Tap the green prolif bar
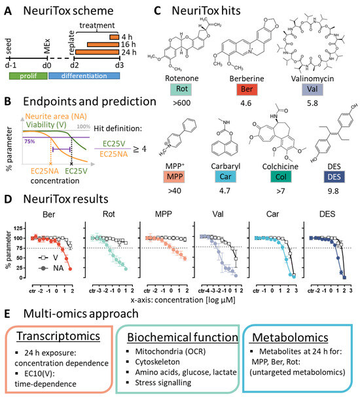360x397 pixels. pyautogui.click(x=27, y=77)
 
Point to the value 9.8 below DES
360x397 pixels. pyautogui.click(x=325, y=192)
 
